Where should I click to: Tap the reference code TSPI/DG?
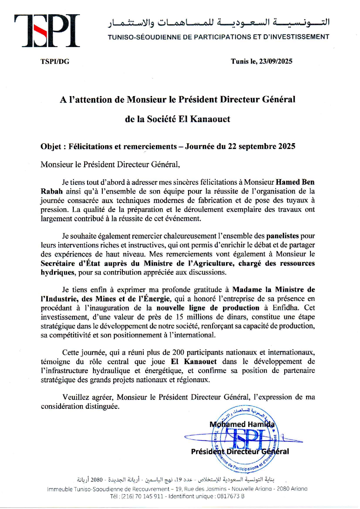coord(55,62)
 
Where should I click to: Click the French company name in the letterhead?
coord(218,37)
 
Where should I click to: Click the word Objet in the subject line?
coord(51,146)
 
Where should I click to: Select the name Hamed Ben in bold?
coord(295,182)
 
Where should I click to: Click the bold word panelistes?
coord(282,236)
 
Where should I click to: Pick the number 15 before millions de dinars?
coord(180,317)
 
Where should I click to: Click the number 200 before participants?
coord(178,352)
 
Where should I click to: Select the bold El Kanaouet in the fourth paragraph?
coord(194,361)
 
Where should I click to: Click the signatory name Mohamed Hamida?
coord(242,424)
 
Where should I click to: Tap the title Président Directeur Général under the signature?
coord(240,452)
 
